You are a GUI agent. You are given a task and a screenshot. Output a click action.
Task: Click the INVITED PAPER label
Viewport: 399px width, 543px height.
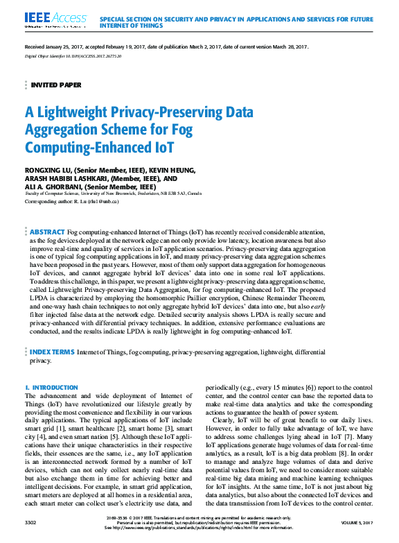click(56, 85)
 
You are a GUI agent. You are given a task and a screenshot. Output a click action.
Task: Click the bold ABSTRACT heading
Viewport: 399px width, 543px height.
click(47, 232)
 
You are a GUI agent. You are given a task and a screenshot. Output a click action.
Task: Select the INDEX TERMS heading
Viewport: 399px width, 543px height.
click(52, 353)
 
